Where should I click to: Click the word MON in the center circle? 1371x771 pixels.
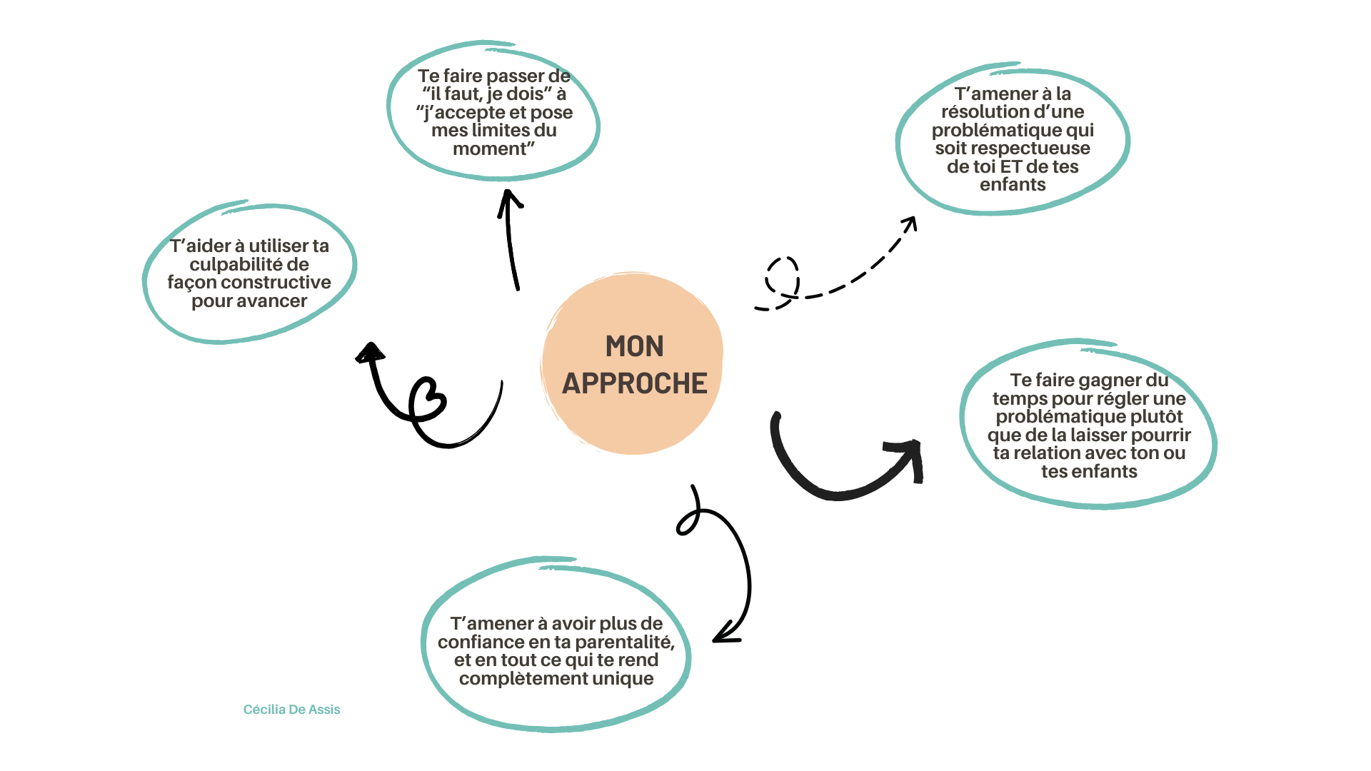(x=634, y=347)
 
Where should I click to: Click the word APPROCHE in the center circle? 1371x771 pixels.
(x=634, y=384)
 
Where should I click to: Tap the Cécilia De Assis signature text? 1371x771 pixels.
(x=291, y=710)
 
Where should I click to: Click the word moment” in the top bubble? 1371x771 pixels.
(x=493, y=149)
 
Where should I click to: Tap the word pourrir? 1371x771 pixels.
(x=1162, y=435)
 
